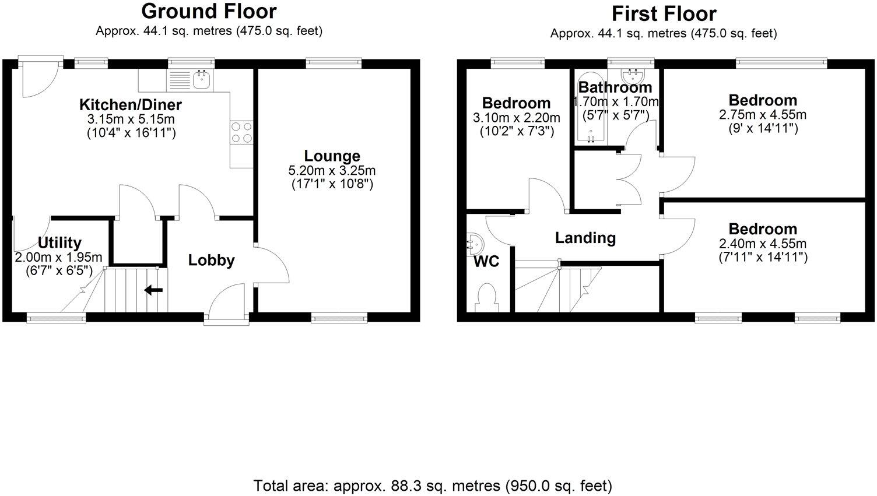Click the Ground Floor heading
point(209,11)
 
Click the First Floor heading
point(664,13)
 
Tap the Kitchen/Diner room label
point(131,105)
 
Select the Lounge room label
point(332,156)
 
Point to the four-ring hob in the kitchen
point(242,132)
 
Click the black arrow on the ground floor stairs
point(153,290)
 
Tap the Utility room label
point(59,242)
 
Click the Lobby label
point(211,261)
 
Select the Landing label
point(585,238)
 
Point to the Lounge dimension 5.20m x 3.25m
point(332,171)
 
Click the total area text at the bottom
point(433,485)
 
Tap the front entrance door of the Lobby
point(226,303)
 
